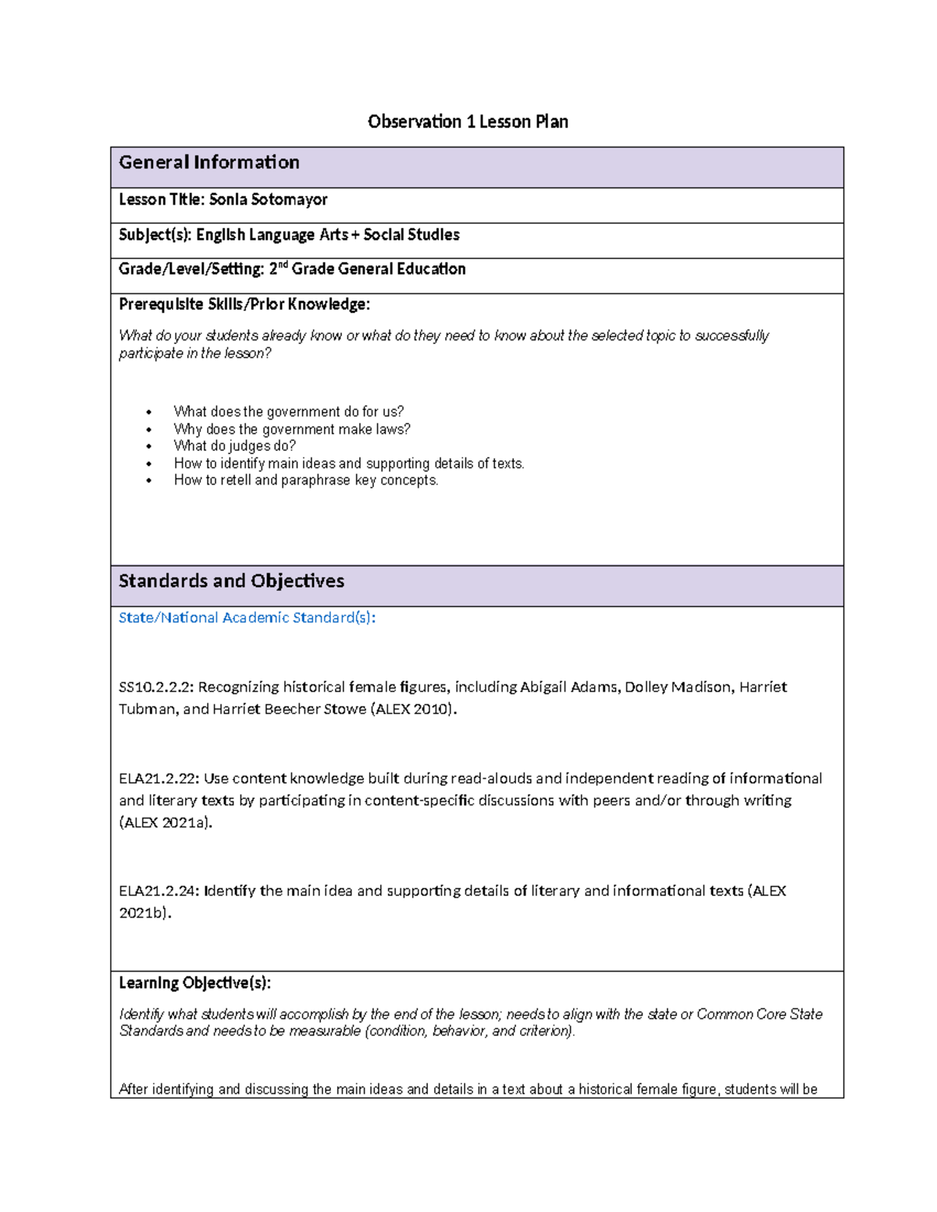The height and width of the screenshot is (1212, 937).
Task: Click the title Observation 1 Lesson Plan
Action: point(468,122)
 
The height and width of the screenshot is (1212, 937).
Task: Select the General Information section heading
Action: point(209,162)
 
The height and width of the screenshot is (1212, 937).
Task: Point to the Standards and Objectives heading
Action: point(231,581)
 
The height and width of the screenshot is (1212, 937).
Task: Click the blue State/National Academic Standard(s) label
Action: point(247,618)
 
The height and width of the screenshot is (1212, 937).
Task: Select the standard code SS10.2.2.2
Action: point(156,688)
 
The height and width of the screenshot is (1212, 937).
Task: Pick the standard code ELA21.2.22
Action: point(159,779)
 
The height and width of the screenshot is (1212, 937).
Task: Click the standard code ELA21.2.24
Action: point(159,891)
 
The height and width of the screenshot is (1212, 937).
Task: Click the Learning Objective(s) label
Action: point(194,983)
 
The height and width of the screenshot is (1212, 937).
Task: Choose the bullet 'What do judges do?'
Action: point(234,446)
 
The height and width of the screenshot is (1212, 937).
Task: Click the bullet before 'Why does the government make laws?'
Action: point(148,430)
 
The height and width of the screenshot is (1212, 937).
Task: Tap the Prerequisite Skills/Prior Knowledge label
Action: point(244,304)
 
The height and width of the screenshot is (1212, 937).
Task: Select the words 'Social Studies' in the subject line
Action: point(411,235)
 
